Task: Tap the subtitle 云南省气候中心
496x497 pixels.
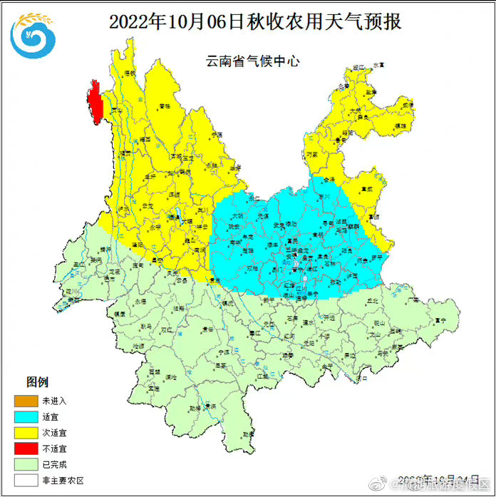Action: [253, 61]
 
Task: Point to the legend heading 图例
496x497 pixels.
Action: [37, 383]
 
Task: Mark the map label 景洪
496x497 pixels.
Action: [210, 406]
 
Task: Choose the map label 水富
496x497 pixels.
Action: [378, 64]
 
